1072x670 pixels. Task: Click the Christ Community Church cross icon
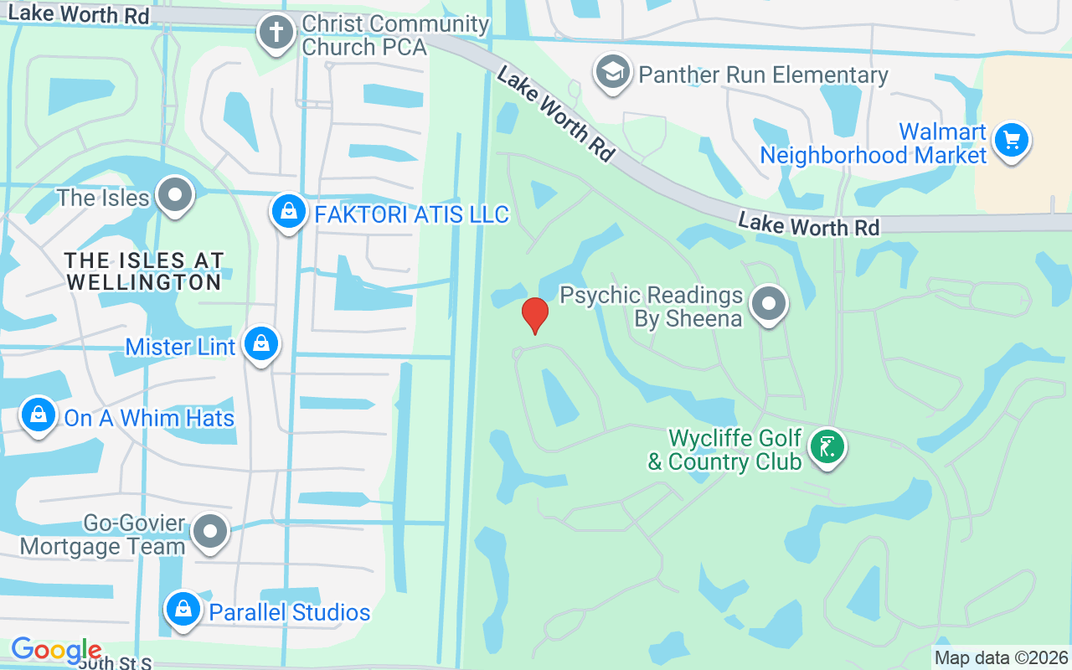(x=276, y=34)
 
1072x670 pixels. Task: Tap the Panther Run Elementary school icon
(x=613, y=74)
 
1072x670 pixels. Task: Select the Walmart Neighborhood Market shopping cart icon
(x=1012, y=141)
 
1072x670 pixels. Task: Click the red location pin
(x=535, y=316)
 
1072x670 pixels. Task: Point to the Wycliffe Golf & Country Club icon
(x=827, y=447)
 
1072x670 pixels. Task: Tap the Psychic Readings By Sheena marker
(x=768, y=305)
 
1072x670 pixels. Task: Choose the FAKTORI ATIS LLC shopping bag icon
(x=288, y=213)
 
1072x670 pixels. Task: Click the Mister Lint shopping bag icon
(x=261, y=343)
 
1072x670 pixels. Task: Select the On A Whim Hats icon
(x=39, y=415)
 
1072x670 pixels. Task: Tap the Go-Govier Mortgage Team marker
(x=209, y=532)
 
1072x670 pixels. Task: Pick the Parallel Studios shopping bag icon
(x=183, y=611)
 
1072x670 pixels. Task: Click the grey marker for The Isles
(x=175, y=195)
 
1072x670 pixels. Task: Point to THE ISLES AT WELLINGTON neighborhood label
(x=144, y=271)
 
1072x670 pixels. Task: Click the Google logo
(x=56, y=650)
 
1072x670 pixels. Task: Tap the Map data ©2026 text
(x=1002, y=658)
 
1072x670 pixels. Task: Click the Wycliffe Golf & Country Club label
(x=725, y=451)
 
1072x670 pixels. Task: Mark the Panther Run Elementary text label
(x=763, y=75)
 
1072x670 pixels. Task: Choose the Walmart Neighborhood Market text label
(x=874, y=144)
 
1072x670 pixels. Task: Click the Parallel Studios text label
(x=290, y=612)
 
